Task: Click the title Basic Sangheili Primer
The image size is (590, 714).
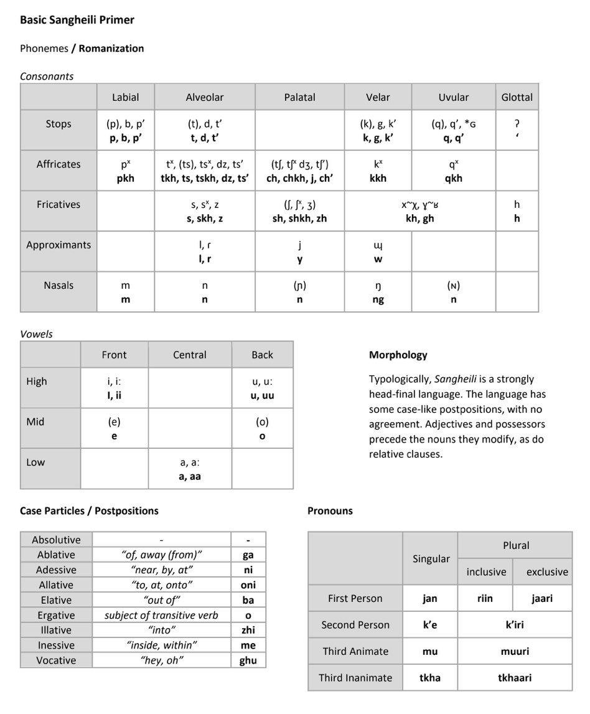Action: point(77,20)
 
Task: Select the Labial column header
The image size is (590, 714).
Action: point(125,97)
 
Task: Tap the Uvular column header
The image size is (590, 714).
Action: point(453,97)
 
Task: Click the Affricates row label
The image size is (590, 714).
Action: point(59,164)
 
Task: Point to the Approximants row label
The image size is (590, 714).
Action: point(59,245)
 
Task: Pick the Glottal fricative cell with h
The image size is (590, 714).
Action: point(517,211)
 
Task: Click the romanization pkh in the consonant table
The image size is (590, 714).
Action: point(125,178)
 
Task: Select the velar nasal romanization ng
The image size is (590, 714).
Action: point(378,299)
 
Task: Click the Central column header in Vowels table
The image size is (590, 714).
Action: point(190,355)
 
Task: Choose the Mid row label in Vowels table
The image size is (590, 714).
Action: point(35,421)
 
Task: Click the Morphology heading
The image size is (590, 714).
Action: point(398,355)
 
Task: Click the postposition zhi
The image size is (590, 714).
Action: point(248,630)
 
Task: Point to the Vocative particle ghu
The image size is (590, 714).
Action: point(248,660)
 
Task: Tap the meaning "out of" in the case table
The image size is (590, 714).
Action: point(161,600)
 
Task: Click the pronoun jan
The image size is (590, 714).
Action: point(429,598)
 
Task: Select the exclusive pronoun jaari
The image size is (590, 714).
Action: point(541,598)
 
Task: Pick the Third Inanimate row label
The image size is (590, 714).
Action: point(355,677)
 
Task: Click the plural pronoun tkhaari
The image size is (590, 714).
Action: point(515,677)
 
